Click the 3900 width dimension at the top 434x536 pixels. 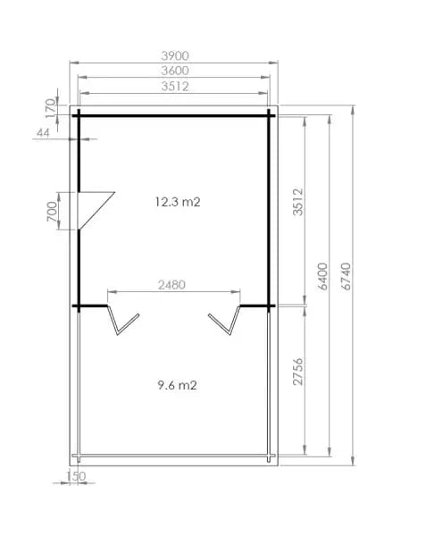175,55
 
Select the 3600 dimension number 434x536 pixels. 175,71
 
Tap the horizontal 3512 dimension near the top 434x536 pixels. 175,86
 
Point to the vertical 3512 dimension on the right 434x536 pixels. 298,202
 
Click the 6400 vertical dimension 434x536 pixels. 322,276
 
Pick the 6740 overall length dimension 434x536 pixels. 346,276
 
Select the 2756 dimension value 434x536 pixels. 298,372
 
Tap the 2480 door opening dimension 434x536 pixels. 171,285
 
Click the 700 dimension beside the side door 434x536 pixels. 52,211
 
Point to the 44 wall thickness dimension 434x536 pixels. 43,132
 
